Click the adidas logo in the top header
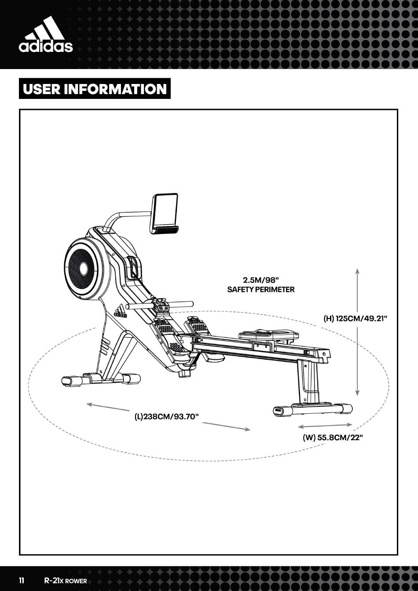coord(46,34)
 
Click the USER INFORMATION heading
coord(95,89)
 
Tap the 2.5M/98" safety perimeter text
coord(261,285)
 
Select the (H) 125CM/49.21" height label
coord(356,318)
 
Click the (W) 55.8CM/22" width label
coord(333,438)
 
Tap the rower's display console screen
coord(164,213)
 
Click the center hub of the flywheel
coord(83,270)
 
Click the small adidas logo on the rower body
coord(121,311)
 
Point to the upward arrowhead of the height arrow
coord(358,271)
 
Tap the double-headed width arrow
coord(325,425)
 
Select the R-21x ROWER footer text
coord(66,581)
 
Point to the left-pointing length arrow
coord(108,407)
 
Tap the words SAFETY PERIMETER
coord(261,289)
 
